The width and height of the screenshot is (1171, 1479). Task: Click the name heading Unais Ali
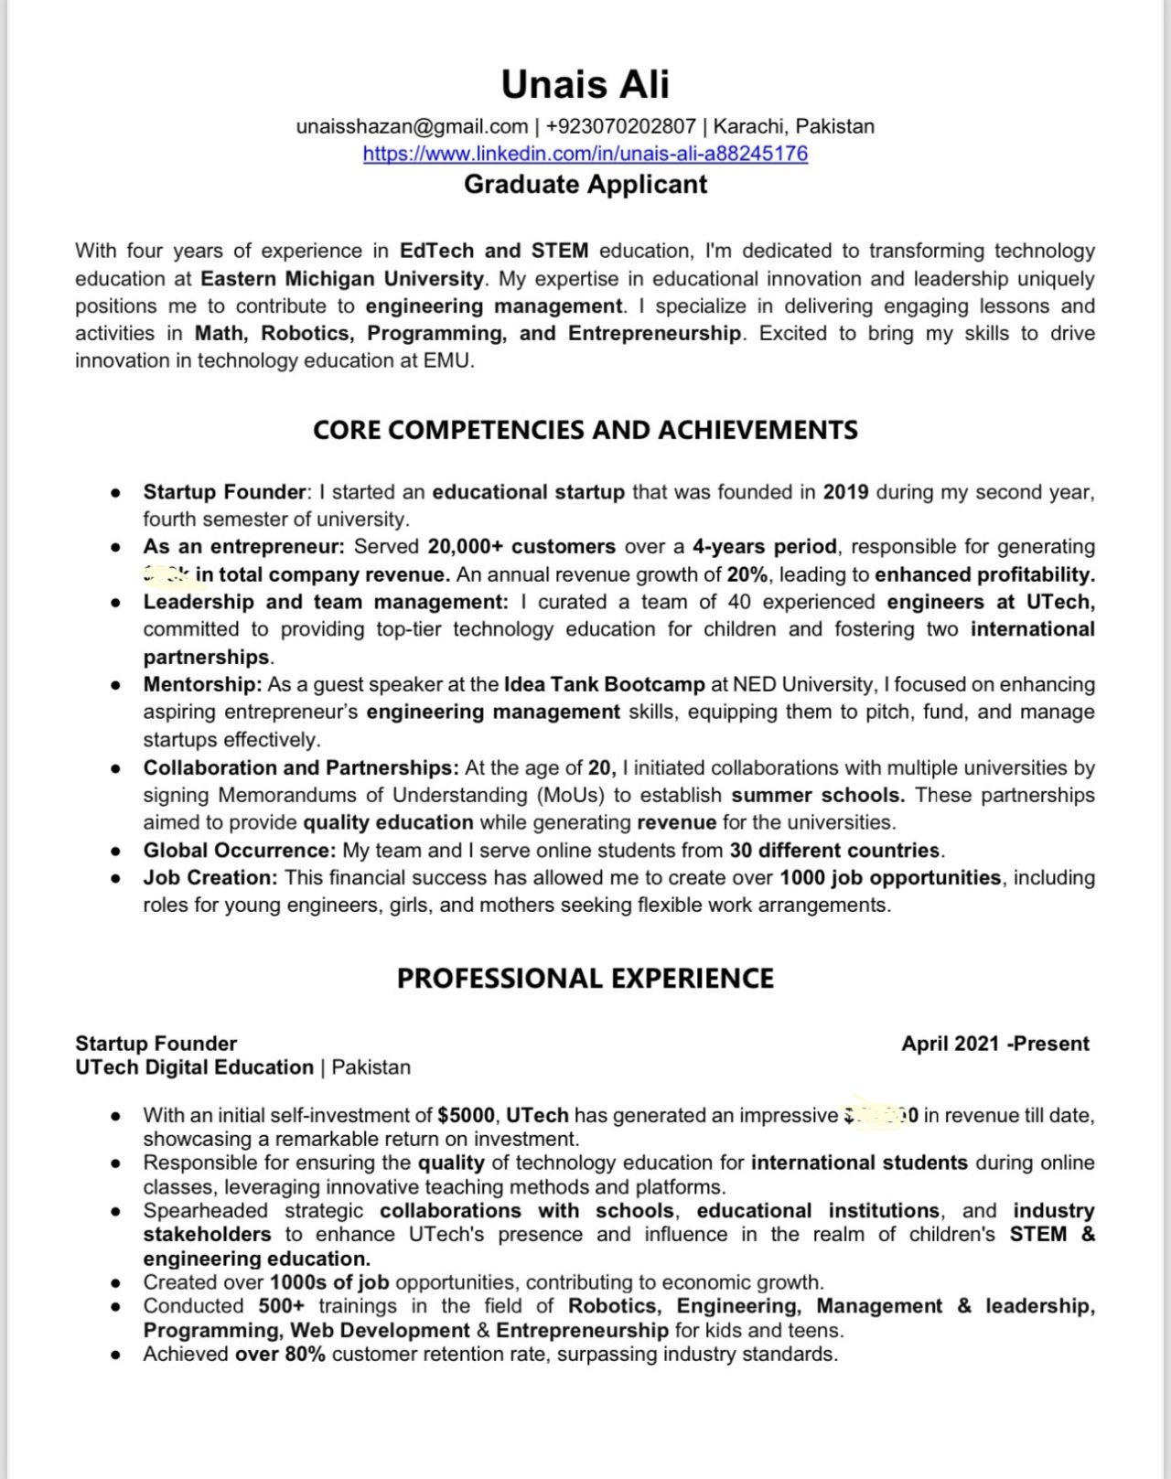click(x=585, y=84)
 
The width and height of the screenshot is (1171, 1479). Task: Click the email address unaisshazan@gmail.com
click(x=412, y=126)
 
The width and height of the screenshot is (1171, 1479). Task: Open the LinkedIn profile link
click(x=585, y=153)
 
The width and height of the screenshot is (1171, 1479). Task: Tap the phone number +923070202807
click(x=620, y=126)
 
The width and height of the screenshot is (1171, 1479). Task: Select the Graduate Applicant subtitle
click(x=585, y=184)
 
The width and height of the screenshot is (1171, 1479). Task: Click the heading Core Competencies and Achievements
click(x=585, y=430)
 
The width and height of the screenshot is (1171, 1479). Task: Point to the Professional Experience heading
click(x=585, y=978)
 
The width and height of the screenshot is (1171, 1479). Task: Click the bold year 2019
click(x=845, y=492)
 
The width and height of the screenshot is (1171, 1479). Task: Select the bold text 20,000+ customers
click(x=521, y=546)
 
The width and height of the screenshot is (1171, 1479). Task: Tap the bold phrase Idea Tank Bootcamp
click(x=604, y=684)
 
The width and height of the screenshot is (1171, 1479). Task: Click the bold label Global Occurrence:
click(x=239, y=850)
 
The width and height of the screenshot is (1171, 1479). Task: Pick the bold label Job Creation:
click(x=209, y=877)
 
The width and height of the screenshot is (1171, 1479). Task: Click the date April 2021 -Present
click(x=994, y=1044)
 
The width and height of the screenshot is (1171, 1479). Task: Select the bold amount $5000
click(x=466, y=1115)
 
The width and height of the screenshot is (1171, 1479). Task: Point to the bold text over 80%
click(x=280, y=1354)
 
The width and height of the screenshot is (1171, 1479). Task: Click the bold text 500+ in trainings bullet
click(x=281, y=1306)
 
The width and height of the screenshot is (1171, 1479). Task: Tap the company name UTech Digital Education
click(x=194, y=1067)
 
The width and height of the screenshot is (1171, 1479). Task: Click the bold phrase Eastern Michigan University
click(x=341, y=278)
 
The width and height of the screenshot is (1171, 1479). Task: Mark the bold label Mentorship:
click(x=202, y=684)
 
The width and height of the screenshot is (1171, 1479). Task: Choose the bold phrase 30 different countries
click(x=834, y=850)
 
